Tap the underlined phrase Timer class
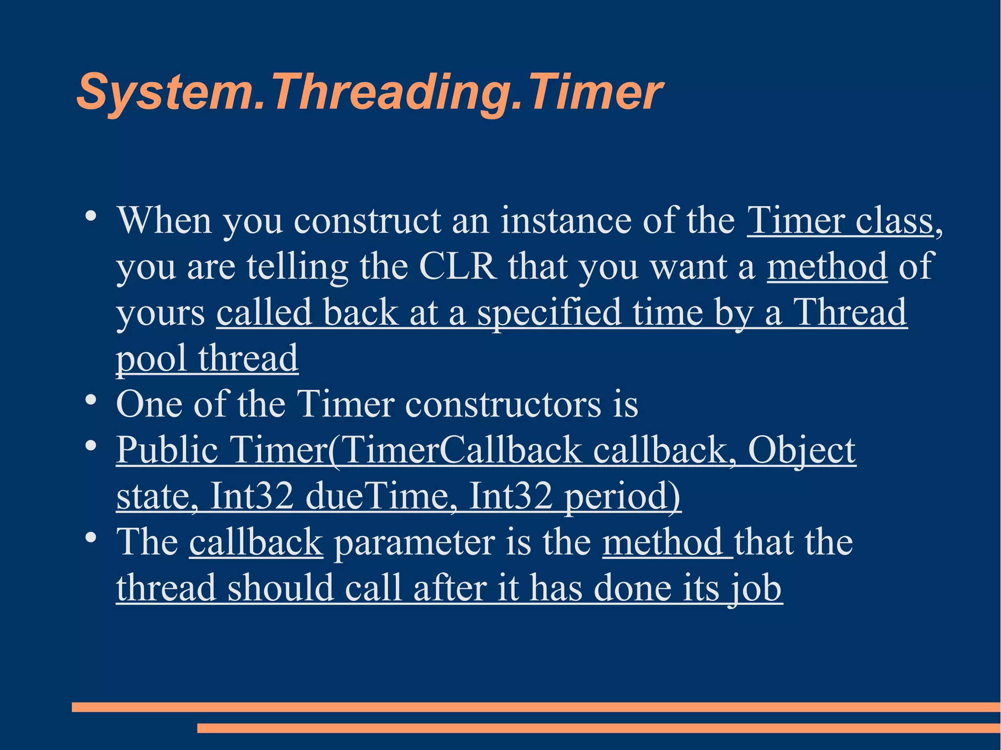840,221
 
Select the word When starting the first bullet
164,221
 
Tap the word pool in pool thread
151,359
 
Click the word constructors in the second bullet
503,405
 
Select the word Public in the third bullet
167,450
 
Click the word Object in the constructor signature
802,450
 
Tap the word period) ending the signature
622,496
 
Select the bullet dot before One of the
90,401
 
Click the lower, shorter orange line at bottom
598,728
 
